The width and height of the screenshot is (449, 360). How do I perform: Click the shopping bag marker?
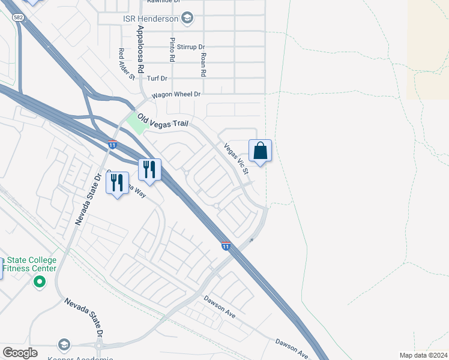(260, 151)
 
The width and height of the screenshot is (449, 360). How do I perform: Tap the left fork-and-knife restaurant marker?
(118, 182)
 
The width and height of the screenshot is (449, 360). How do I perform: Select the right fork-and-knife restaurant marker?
(149, 170)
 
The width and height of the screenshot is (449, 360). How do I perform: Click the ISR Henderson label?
(151, 19)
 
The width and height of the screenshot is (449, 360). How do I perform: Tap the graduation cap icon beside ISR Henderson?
(187, 18)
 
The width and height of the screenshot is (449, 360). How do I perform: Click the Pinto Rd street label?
(172, 50)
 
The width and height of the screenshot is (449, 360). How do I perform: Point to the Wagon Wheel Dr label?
(175, 94)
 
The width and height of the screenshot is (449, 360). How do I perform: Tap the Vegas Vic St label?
(236, 158)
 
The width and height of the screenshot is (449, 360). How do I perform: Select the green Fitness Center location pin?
(40, 281)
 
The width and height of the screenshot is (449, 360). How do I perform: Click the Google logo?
(20, 352)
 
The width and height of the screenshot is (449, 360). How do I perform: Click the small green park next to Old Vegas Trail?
(137, 123)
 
